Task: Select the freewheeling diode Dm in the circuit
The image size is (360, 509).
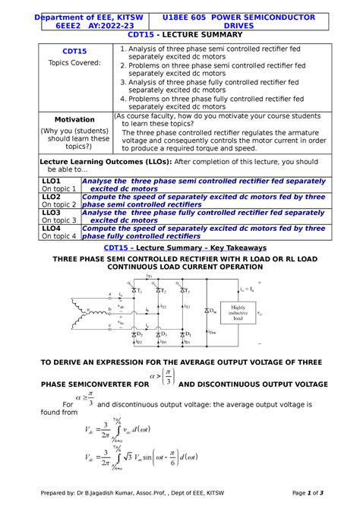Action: pos(207,311)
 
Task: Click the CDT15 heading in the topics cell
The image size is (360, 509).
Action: pos(74,52)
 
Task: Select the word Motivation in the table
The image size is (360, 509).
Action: pos(74,120)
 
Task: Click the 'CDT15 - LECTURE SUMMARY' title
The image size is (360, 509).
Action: pos(179,35)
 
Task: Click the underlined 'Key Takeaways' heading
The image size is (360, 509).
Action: pos(232,248)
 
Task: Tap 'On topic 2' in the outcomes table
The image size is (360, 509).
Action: pos(59,204)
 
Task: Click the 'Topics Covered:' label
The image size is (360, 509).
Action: pos(74,63)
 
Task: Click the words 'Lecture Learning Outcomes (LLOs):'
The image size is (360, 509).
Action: pos(106,162)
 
